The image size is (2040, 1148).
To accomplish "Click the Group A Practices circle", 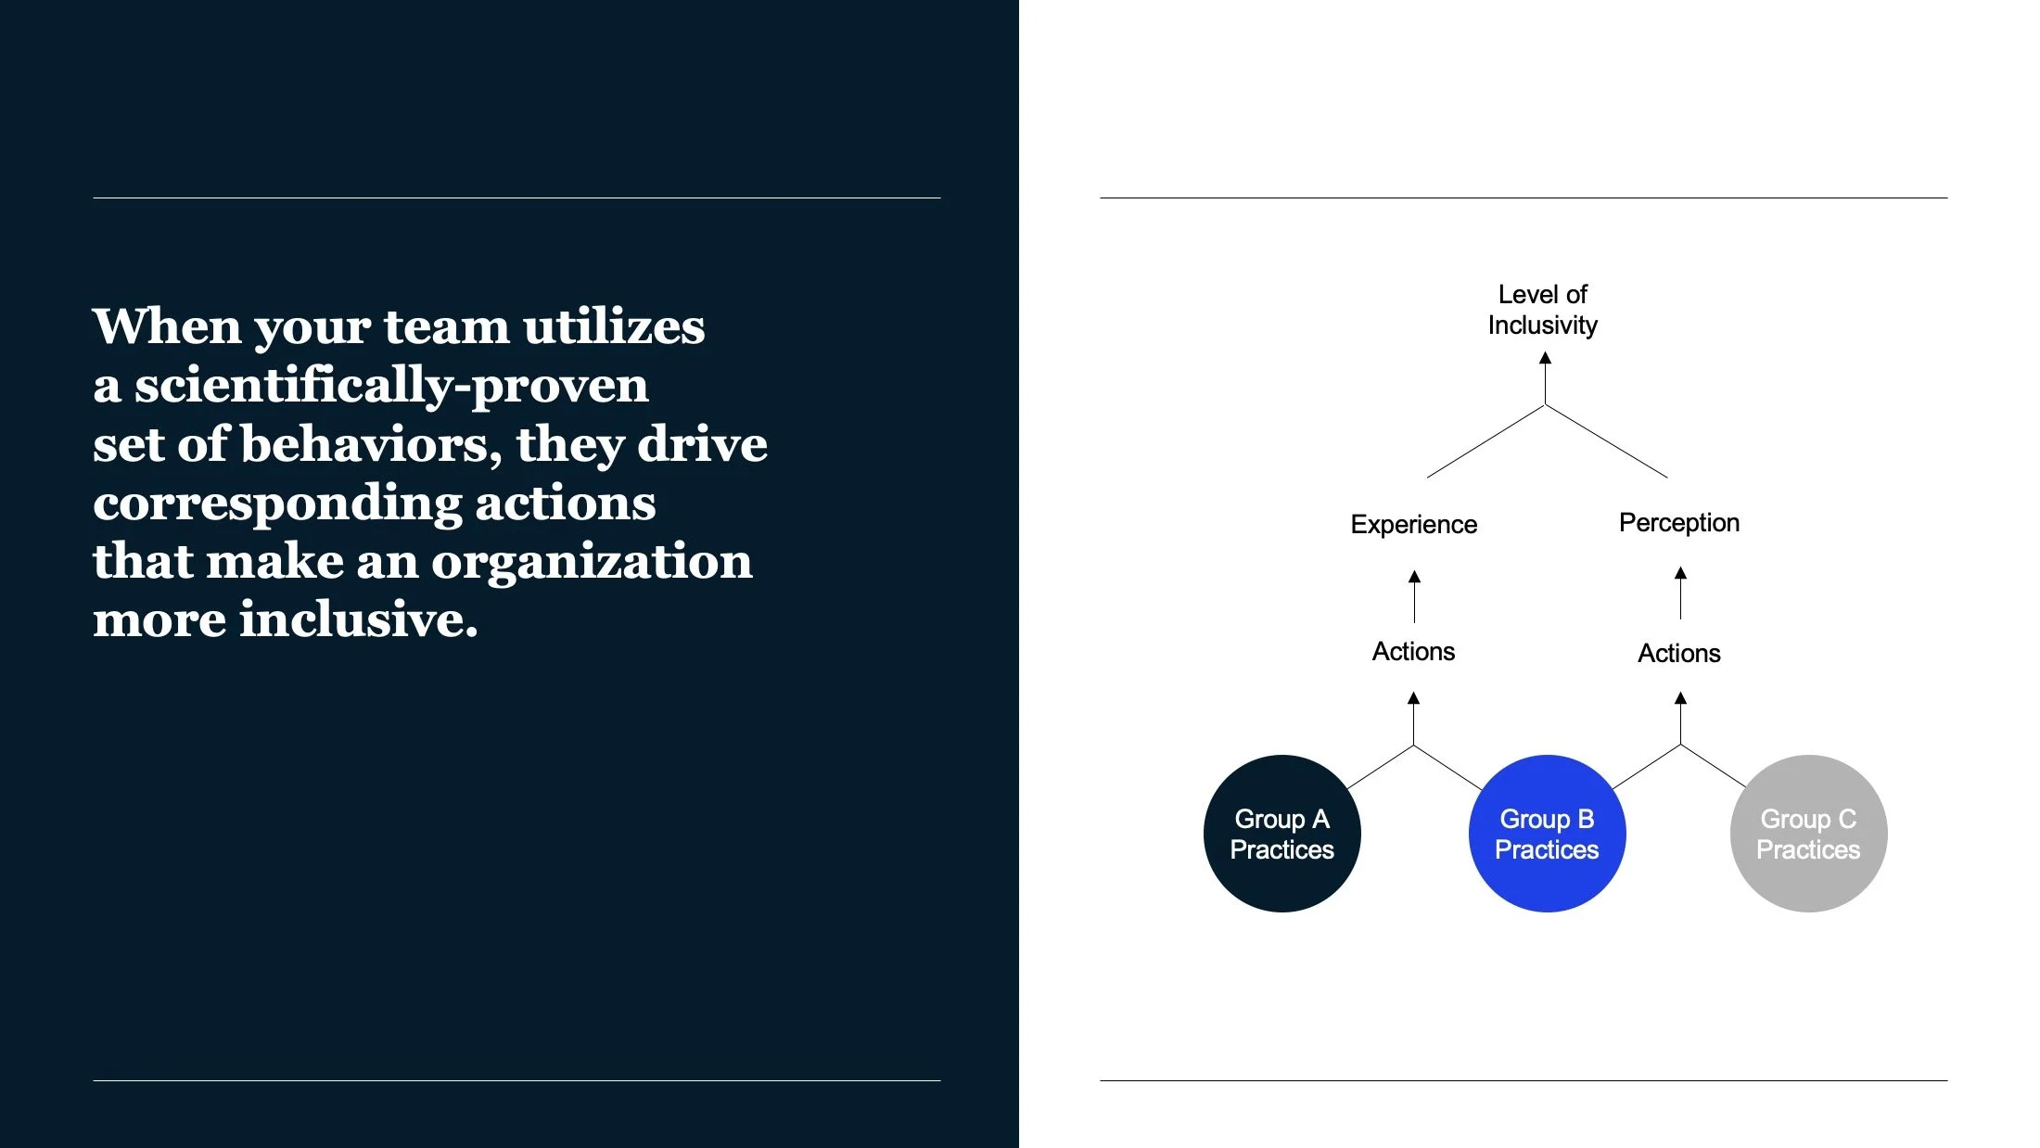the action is coord(1281,834).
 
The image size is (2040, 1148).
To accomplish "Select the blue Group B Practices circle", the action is coord(1547,834).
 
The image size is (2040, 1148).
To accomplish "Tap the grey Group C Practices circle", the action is coord(1808,834).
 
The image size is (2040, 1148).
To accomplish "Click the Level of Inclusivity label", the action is coord(1543,310).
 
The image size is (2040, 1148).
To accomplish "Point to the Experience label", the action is coord(1413,525).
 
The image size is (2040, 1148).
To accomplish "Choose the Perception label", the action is coord(1678,523).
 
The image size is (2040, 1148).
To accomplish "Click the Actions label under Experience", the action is coord(1413,652).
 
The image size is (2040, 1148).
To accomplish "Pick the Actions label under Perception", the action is coord(1678,654).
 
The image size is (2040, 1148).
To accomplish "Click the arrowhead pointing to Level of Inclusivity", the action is coord(1545,359).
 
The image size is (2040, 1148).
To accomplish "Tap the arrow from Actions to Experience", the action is coord(1414,597).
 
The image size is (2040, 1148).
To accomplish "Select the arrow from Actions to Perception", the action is coord(1680,594).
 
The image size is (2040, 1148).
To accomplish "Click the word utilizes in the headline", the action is coord(613,326).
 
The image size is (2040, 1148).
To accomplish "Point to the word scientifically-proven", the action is coord(390,385).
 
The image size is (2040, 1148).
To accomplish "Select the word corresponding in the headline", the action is coord(277,503).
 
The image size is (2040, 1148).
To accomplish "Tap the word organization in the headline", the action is coord(592,561).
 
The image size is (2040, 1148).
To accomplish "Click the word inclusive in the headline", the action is coord(358,619).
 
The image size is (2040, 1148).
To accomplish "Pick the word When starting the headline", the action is coord(167,326).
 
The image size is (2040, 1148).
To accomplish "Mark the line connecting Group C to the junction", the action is coord(1714,766).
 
